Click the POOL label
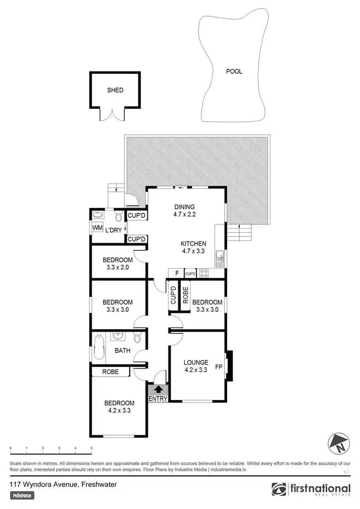point(234,71)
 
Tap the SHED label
point(115,90)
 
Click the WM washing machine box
point(97,227)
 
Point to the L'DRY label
point(114,230)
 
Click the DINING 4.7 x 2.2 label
point(185,211)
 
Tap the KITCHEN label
point(193,244)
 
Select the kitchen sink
point(220,259)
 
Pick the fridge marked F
point(177,273)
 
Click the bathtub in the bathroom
point(99,347)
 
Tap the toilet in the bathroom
point(137,338)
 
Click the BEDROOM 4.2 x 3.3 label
point(120,406)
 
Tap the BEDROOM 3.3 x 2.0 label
point(118,263)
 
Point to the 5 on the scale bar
point(91,448)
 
